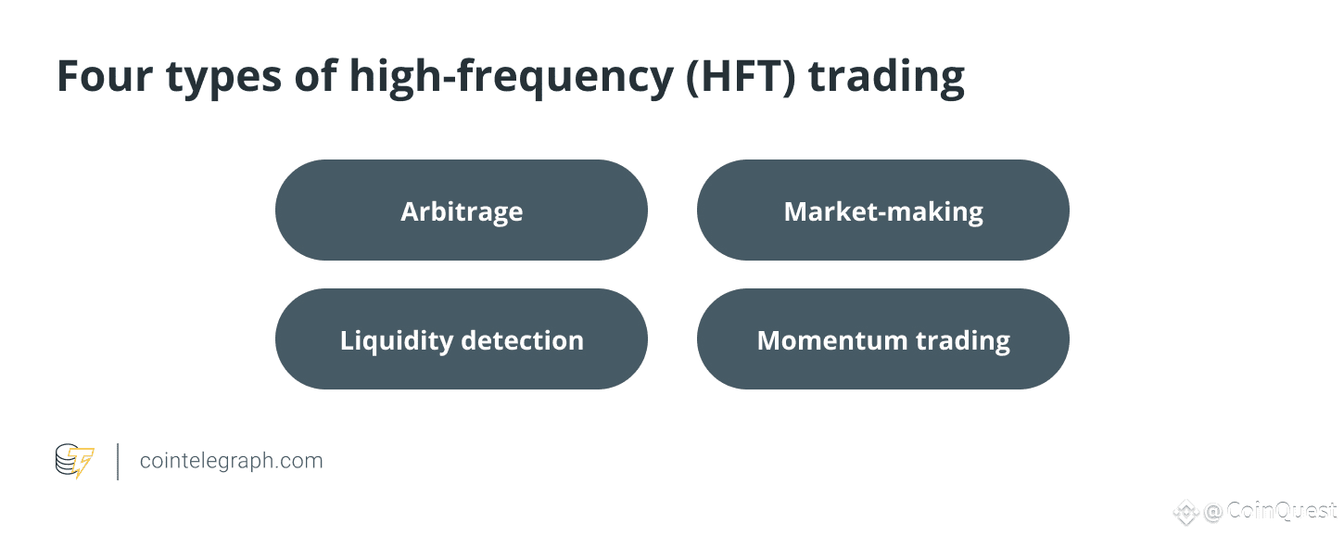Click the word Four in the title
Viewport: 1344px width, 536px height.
click(105, 76)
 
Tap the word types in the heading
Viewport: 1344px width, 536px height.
click(223, 79)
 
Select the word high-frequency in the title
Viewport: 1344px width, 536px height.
click(512, 78)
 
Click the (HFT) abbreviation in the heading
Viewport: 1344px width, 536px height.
click(741, 77)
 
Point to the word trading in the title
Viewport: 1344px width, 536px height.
click(887, 78)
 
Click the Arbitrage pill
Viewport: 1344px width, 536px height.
click(462, 211)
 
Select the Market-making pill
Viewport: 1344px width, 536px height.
click(883, 211)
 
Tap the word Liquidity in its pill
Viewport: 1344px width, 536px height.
click(397, 341)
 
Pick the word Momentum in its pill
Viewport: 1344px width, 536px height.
click(832, 340)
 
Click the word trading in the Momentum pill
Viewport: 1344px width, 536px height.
click(962, 341)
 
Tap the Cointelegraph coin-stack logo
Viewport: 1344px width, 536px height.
click(74, 461)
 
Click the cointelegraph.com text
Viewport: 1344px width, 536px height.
click(231, 461)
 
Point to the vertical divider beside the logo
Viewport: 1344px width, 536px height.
click(118, 462)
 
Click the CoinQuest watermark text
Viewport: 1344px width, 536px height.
click(1282, 511)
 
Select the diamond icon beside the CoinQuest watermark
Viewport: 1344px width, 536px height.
click(1186, 512)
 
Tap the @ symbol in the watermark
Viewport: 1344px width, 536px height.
click(1212, 512)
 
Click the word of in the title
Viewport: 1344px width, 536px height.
click(315, 76)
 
